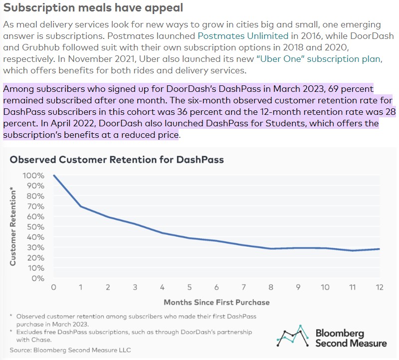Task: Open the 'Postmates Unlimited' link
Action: coord(243,36)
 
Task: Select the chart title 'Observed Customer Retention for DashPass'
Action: coord(117,160)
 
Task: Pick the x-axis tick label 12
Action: coord(379,287)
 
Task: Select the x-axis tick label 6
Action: coord(216,287)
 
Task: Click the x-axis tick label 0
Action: coord(54,287)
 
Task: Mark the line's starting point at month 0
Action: coord(54,176)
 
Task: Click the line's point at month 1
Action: coord(81,207)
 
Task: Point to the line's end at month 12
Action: coord(379,249)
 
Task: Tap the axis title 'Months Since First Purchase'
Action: coord(216,302)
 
